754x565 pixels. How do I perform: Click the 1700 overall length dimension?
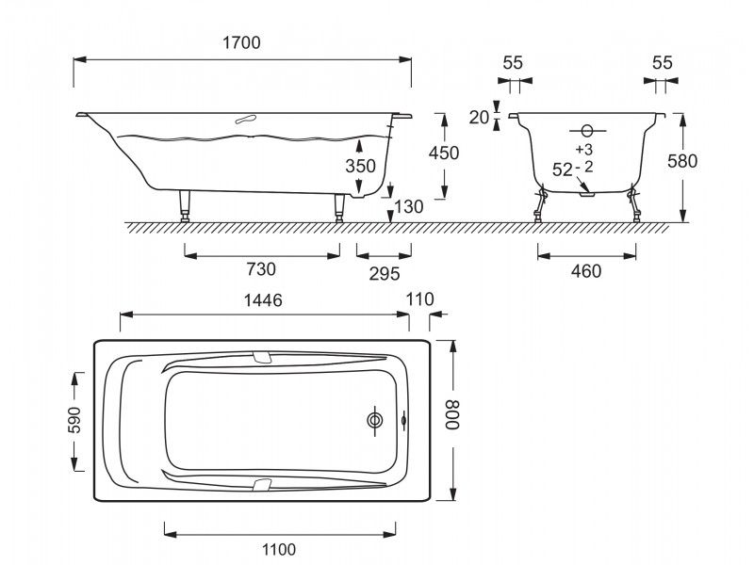242,42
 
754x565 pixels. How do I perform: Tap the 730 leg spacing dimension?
260,269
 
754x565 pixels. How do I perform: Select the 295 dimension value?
385,273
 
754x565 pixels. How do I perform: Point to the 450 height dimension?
443,153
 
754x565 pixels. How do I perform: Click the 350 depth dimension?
360,166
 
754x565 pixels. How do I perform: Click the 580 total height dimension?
708,161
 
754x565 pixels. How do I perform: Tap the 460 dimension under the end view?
585,271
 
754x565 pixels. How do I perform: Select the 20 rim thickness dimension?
479,117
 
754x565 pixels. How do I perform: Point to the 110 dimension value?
421,299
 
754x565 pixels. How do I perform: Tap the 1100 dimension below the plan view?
279,550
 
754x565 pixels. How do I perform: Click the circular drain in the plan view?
376,420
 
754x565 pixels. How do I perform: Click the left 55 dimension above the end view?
512,63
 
